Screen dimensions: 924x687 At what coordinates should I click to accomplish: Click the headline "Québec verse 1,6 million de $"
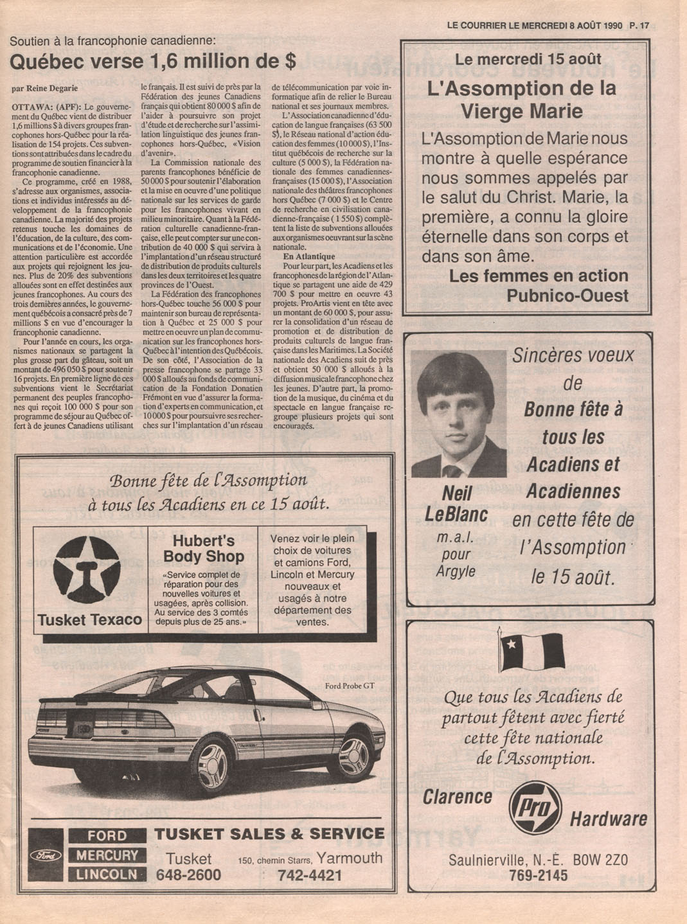153,62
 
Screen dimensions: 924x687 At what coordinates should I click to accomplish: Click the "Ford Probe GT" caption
350,686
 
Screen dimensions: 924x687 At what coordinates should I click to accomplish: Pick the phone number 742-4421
310,875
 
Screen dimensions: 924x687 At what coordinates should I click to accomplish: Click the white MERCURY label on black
107,855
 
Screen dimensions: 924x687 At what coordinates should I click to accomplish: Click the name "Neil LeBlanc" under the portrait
456,504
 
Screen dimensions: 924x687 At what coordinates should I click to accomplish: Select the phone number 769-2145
538,876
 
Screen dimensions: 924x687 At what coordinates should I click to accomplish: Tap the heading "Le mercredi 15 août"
528,59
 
